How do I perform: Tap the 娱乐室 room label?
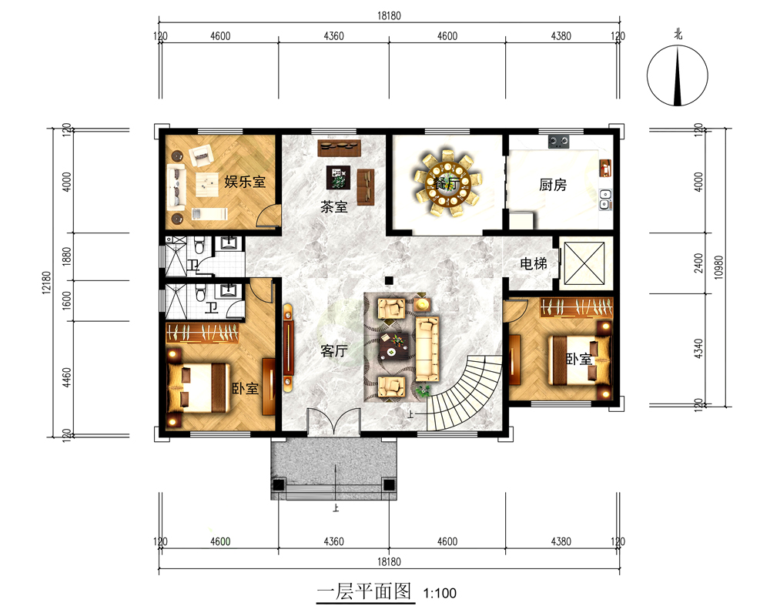245,181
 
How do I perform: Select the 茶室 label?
334,207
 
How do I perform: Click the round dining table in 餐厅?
447,184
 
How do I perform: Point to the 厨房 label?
553,185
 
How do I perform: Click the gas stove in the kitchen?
559,142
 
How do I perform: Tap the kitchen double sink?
605,199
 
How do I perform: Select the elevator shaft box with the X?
584,263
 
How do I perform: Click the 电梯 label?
534,264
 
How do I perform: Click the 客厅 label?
334,351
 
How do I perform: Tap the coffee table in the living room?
393,347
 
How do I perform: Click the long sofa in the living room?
427,349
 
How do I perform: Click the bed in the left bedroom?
199,388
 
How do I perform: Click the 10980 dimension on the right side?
718,268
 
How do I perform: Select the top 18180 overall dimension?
389,15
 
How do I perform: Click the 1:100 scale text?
440,594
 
